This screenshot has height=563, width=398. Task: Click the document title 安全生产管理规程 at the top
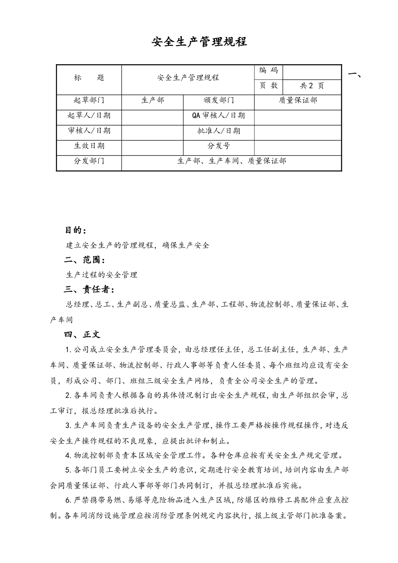coord(199,42)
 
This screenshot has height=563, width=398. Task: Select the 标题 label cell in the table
coord(89,77)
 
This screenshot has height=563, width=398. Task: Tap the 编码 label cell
coord(269,70)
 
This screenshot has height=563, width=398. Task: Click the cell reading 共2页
coord(312,86)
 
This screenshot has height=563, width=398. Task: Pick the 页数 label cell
coord(269,86)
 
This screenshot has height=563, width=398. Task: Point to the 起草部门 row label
coord(89,101)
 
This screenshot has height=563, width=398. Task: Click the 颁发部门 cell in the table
coord(219,101)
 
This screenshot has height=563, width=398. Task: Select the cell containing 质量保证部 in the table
coord(298,101)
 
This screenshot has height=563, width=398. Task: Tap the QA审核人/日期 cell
coord(219,116)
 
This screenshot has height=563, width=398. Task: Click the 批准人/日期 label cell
coord(219,131)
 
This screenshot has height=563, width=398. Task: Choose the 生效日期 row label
coord(89,146)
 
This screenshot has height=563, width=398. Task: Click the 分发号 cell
coord(219,146)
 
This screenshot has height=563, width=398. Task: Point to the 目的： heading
coord(76,230)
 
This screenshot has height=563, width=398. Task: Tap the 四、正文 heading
coord(82,334)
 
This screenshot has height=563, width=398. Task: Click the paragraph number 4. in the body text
coord(68,456)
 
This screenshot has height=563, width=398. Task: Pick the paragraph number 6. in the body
coord(68,500)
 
